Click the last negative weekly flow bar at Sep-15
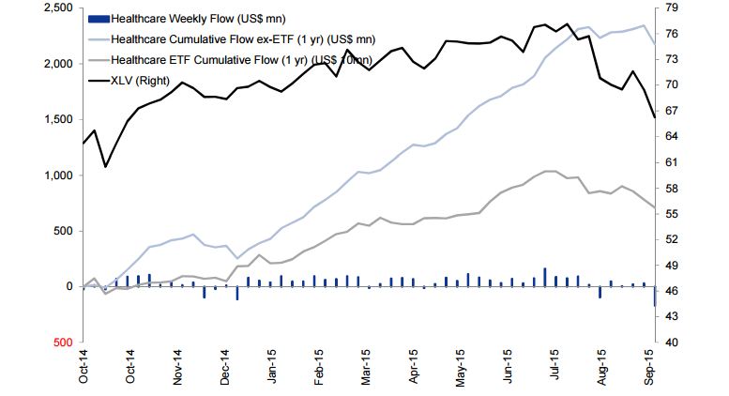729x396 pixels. point(654,297)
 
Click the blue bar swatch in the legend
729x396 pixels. point(98,19)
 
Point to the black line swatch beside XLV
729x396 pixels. point(98,81)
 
